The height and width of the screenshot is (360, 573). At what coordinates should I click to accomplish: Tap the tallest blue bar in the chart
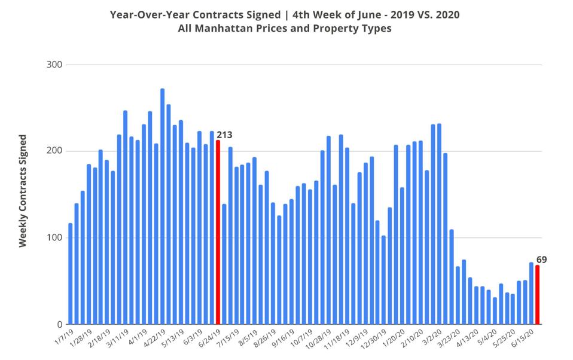tap(163, 206)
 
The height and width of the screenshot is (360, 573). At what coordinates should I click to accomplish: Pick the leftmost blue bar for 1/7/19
tap(71, 273)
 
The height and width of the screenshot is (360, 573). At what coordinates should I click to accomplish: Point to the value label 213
tap(224, 135)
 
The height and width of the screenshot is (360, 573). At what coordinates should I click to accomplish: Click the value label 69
tap(541, 260)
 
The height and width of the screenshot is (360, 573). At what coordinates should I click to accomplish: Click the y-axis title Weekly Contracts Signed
tap(23, 191)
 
